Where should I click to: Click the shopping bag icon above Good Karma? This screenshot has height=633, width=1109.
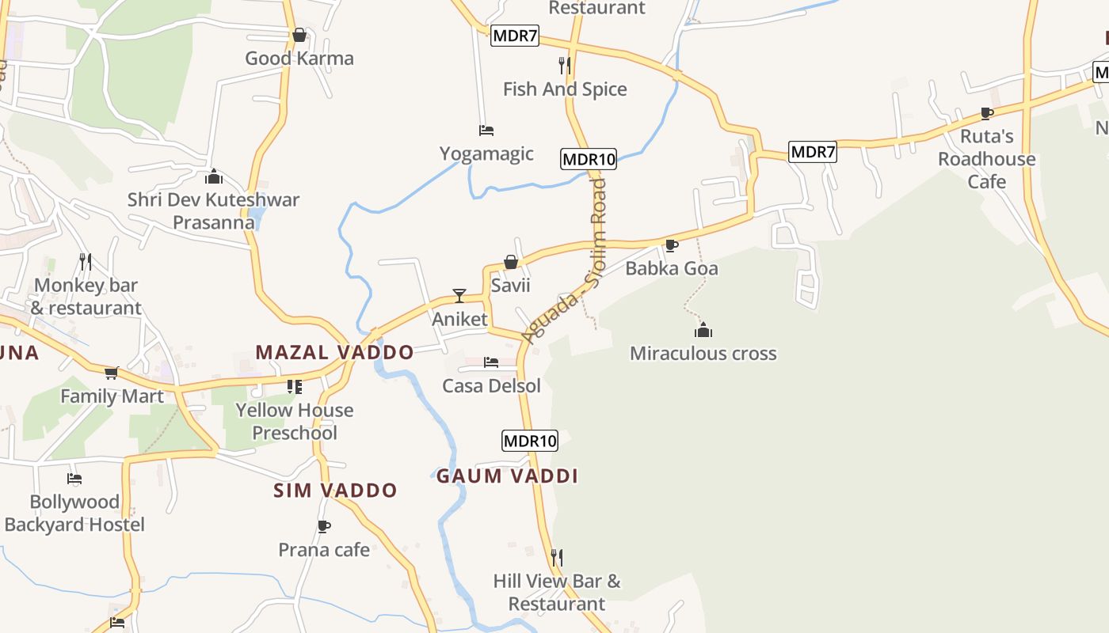click(299, 35)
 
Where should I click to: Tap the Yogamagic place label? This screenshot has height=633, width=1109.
click(486, 154)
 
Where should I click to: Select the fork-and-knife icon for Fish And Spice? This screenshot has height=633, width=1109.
click(565, 65)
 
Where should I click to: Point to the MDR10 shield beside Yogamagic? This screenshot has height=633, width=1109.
click(588, 159)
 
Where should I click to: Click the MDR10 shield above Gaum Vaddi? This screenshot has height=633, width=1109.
click(530, 441)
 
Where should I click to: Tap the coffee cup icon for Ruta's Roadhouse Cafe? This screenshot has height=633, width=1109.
click(987, 113)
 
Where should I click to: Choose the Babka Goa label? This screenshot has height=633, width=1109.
click(672, 268)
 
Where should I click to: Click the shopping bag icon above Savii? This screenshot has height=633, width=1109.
click(511, 262)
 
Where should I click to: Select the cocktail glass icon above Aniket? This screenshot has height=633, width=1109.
click(459, 296)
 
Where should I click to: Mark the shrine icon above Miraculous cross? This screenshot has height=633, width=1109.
click(703, 330)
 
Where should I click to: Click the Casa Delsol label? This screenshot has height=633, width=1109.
click(491, 386)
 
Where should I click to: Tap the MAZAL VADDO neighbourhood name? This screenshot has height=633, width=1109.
click(334, 353)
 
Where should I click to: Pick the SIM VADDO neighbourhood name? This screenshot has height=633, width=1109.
click(335, 491)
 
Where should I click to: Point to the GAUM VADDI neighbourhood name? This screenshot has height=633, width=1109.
click(507, 476)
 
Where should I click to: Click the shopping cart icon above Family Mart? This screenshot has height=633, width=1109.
click(112, 373)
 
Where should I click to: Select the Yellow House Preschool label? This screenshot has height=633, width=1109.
click(295, 421)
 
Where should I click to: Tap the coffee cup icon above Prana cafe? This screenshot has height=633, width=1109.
click(323, 526)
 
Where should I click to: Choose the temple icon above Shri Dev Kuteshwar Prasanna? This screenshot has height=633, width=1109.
click(213, 176)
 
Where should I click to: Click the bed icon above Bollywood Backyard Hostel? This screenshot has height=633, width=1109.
click(74, 479)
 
